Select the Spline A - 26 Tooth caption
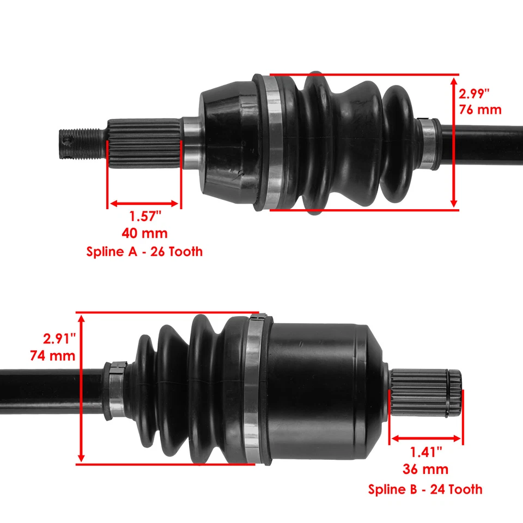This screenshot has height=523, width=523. click(x=144, y=252)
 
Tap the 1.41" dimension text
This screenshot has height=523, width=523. click(x=426, y=452)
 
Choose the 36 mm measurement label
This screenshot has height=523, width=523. click(x=426, y=469)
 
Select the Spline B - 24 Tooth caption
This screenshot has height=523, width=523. click(x=425, y=489)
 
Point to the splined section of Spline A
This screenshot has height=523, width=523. click(x=144, y=143)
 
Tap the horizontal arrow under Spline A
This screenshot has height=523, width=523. click(x=144, y=204)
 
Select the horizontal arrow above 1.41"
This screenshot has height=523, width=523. click(x=426, y=438)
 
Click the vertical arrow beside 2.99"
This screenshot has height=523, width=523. click(x=454, y=142)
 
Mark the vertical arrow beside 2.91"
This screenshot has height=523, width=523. click(x=81, y=388)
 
